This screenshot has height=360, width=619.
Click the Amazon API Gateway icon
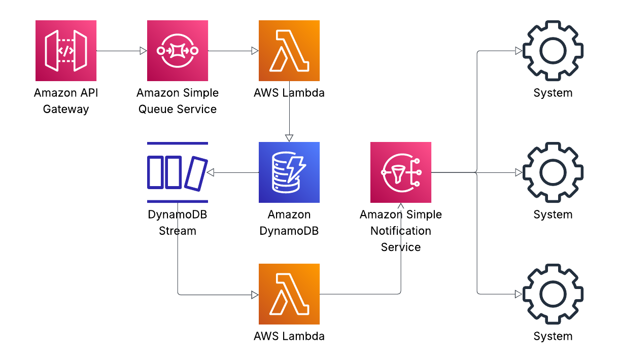pos(66,51)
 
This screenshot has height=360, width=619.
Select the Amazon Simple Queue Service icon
pos(178,51)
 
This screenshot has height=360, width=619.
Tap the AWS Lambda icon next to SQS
pos(289,51)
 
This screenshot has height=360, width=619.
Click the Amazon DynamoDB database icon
pos(289,172)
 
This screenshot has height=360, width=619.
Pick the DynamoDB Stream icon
pos(178,172)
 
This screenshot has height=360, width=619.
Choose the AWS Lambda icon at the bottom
pos(289,294)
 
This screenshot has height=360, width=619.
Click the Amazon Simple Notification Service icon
pos(401,172)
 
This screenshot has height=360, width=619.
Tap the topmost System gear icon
pos(553,51)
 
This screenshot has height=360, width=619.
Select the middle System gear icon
pos(553,172)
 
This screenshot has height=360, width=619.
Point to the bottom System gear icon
pos(553,294)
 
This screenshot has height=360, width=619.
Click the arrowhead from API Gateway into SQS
pos(143,51)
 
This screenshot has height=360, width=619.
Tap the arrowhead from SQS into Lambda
pos(255,51)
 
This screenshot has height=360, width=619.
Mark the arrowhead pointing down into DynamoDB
pos(289,138)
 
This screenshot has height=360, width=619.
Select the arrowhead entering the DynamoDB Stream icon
pos(211,172)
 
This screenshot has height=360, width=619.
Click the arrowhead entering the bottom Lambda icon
pos(255,294)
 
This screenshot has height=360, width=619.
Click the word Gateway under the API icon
pos(66,110)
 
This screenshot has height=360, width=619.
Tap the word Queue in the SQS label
pos(154,110)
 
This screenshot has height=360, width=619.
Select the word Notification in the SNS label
pos(401,231)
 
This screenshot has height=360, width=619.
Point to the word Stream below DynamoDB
pos(178,231)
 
